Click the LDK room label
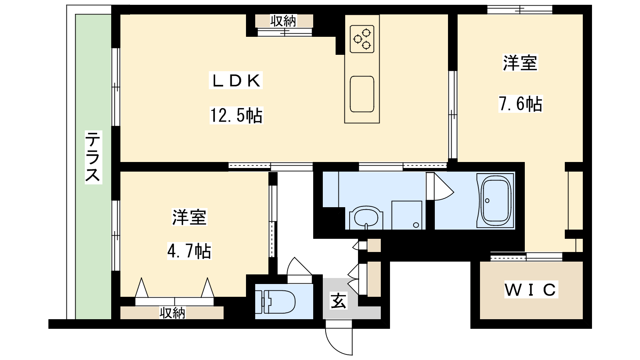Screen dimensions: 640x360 pyautogui.click(x=236, y=81)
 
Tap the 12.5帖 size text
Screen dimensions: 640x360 pyautogui.click(x=236, y=115)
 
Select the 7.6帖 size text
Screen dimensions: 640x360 pyautogui.click(x=520, y=104)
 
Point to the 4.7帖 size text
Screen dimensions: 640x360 pyautogui.click(x=190, y=251)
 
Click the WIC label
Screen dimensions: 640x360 pyautogui.click(x=531, y=290)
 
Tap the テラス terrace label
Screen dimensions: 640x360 pyautogui.click(x=93, y=157)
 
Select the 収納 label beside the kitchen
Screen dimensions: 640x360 pyautogui.click(x=284, y=21)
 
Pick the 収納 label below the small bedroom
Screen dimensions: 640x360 pyautogui.click(x=172, y=313)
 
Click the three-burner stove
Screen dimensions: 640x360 pyautogui.click(x=362, y=39)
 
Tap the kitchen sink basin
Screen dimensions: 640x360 pyautogui.click(x=362, y=94)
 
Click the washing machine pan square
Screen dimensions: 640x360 pyautogui.click(x=407, y=215)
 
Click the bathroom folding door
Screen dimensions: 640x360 pyautogui.click(x=440, y=186)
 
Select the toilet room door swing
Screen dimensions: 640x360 pyautogui.click(x=299, y=270)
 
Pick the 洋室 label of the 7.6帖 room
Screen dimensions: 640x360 pyautogui.click(x=520, y=62)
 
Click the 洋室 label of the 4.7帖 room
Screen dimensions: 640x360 pyautogui.click(x=190, y=217)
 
